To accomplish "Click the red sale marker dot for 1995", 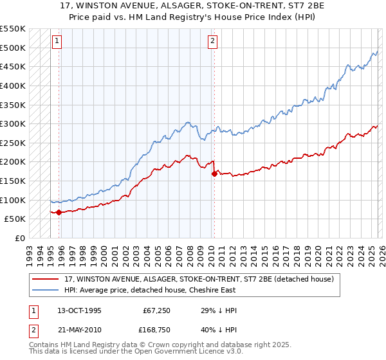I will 59,212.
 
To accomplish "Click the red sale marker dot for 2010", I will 214,174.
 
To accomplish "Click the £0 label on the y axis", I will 20,238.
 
